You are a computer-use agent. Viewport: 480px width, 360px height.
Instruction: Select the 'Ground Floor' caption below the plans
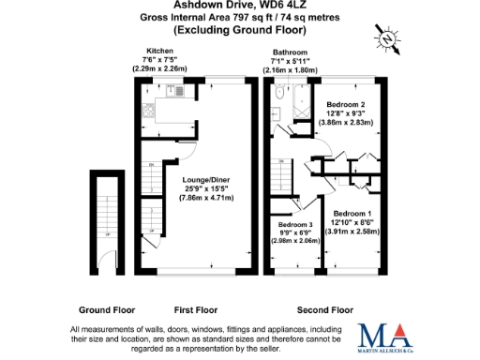pos(105,308)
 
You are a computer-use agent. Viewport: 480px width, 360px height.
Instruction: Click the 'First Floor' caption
pos(196,308)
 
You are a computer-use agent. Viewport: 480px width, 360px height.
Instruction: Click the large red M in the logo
pos(371,335)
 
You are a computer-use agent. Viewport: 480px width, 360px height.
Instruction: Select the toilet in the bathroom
pos(279,92)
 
